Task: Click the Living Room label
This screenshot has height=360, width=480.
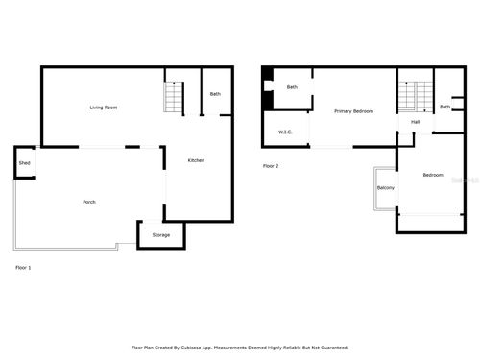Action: point(104,107)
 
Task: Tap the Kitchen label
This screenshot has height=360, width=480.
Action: point(196,160)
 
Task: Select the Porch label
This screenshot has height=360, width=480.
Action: point(89,202)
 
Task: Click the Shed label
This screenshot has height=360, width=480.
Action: point(25,164)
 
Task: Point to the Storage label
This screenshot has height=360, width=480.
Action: point(160,234)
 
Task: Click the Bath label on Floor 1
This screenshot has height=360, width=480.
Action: point(215,94)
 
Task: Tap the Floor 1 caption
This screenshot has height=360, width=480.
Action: point(23,267)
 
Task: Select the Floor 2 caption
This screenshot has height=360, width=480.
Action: point(271,166)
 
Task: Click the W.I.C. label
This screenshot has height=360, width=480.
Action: point(285,132)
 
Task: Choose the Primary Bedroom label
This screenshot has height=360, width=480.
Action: point(353,112)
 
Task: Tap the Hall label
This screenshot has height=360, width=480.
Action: point(415,122)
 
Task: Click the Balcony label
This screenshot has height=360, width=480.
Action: point(386,187)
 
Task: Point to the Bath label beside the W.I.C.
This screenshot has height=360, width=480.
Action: point(292,87)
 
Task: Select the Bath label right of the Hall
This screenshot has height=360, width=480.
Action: point(444,107)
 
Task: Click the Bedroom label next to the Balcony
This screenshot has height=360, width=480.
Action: point(433,175)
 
